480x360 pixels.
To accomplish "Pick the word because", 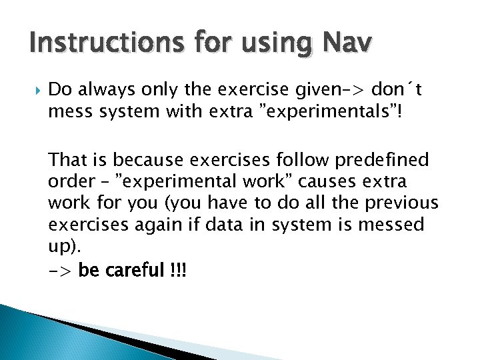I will (154, 161).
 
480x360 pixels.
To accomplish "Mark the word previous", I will (402, 203).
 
